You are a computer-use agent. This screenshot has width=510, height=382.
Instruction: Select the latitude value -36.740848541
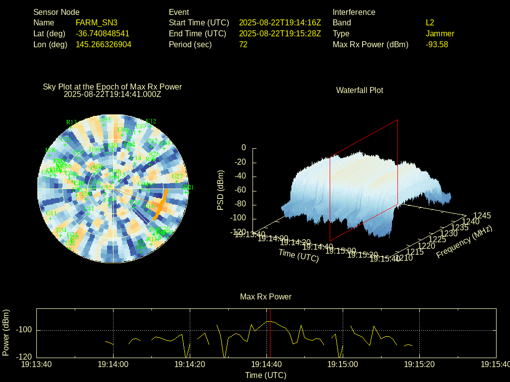[103, 33]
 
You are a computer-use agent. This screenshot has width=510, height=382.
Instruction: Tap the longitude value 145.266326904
[104, 44]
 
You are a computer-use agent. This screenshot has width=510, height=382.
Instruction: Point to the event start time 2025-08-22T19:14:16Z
[280, 22]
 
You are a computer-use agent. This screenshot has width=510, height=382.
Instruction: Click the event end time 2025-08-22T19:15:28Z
[280, 33]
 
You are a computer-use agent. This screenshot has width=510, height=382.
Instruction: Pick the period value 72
[243, 44]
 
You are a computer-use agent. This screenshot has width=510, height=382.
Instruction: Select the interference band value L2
[430, 22]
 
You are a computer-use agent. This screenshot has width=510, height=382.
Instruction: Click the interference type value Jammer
[440, 33]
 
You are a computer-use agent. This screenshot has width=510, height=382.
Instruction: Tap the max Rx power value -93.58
[437, 44]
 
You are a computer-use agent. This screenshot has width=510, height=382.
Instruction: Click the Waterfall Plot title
[360, 90]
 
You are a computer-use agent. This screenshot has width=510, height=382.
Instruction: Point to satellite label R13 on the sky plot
[71, 122]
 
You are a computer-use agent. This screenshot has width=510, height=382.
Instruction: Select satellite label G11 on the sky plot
[51, 213]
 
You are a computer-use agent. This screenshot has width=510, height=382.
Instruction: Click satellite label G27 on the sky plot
[177, 176]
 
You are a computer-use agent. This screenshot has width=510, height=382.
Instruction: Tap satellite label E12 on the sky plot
[151, 121]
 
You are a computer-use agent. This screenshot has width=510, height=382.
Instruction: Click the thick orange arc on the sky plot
[160, 204]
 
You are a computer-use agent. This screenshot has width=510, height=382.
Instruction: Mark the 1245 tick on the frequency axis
[482, 215]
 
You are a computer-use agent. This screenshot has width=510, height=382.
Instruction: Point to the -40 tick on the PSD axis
[241, 176]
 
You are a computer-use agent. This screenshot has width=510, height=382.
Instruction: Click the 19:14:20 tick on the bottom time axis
[190, 364]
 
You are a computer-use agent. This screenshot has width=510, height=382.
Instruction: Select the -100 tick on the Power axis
[24, 330]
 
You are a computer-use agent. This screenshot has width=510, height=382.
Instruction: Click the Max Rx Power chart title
[265, 296]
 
